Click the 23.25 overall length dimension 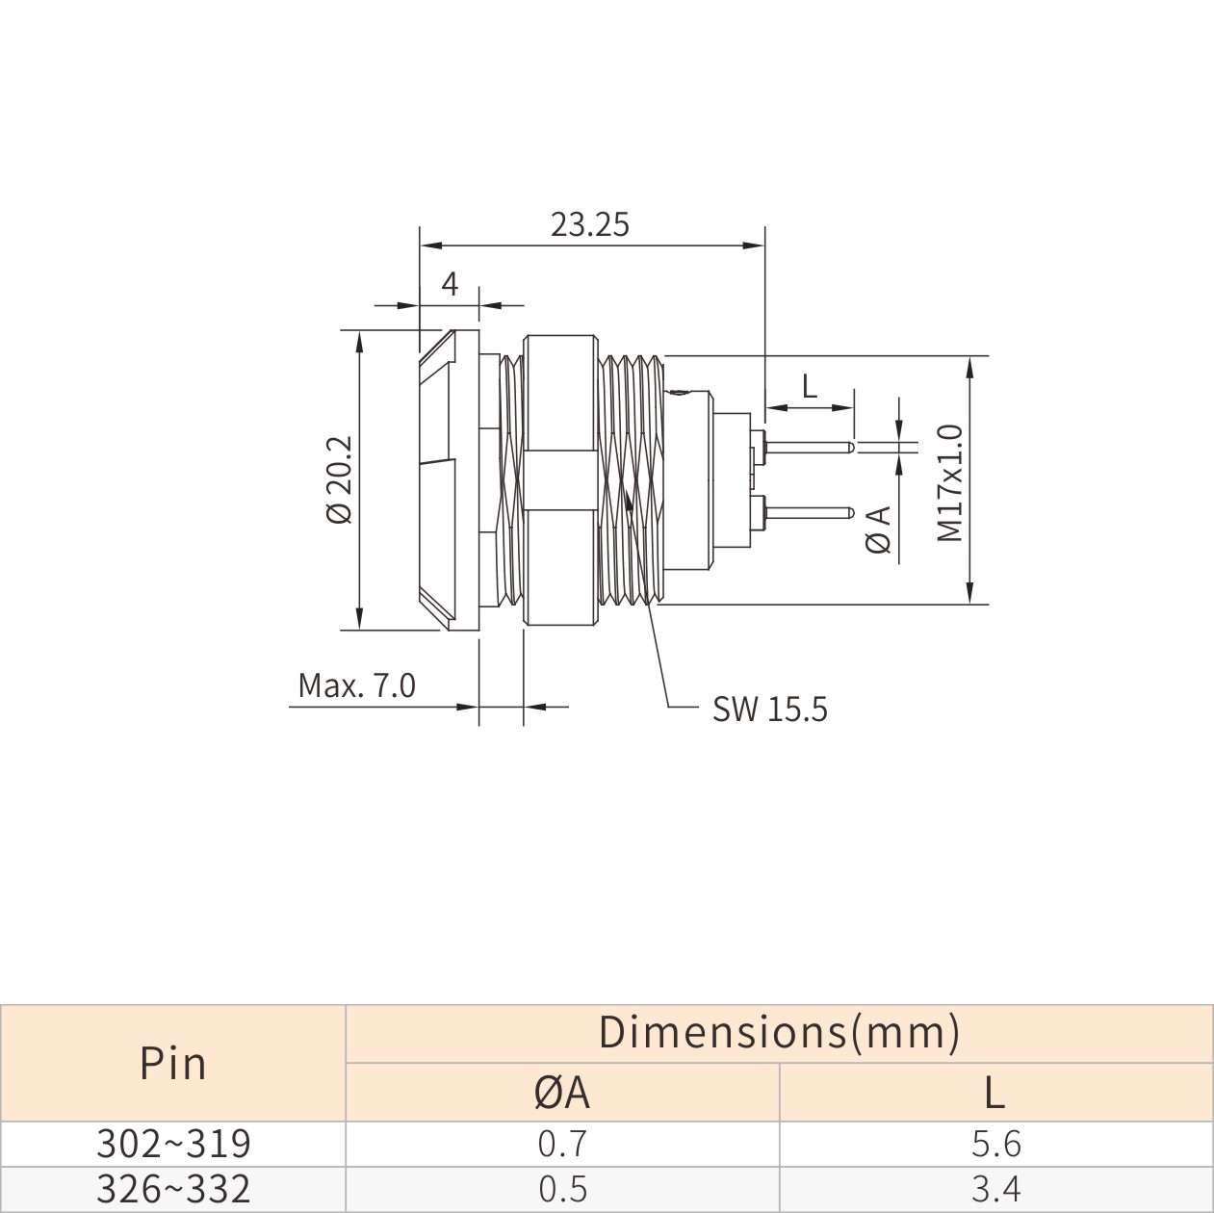click(590, 225)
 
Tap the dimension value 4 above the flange click(450, 285)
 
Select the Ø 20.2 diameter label click(340, 479)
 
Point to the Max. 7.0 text click(356, 686)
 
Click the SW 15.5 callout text click(769, 710)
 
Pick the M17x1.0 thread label click(949, 482)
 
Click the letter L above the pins click(810, 386)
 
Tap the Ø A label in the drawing click(879, 529)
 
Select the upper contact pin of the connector click(808, 448)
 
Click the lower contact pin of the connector click(808, 512)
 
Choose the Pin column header click(172, 1065)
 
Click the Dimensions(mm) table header click(779, 1031)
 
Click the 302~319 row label click(173, 1143)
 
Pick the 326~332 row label click(173, 1188)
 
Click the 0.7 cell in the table click(562, 1143)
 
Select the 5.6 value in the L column click(995, 1143)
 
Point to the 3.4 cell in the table click(995, 1188)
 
